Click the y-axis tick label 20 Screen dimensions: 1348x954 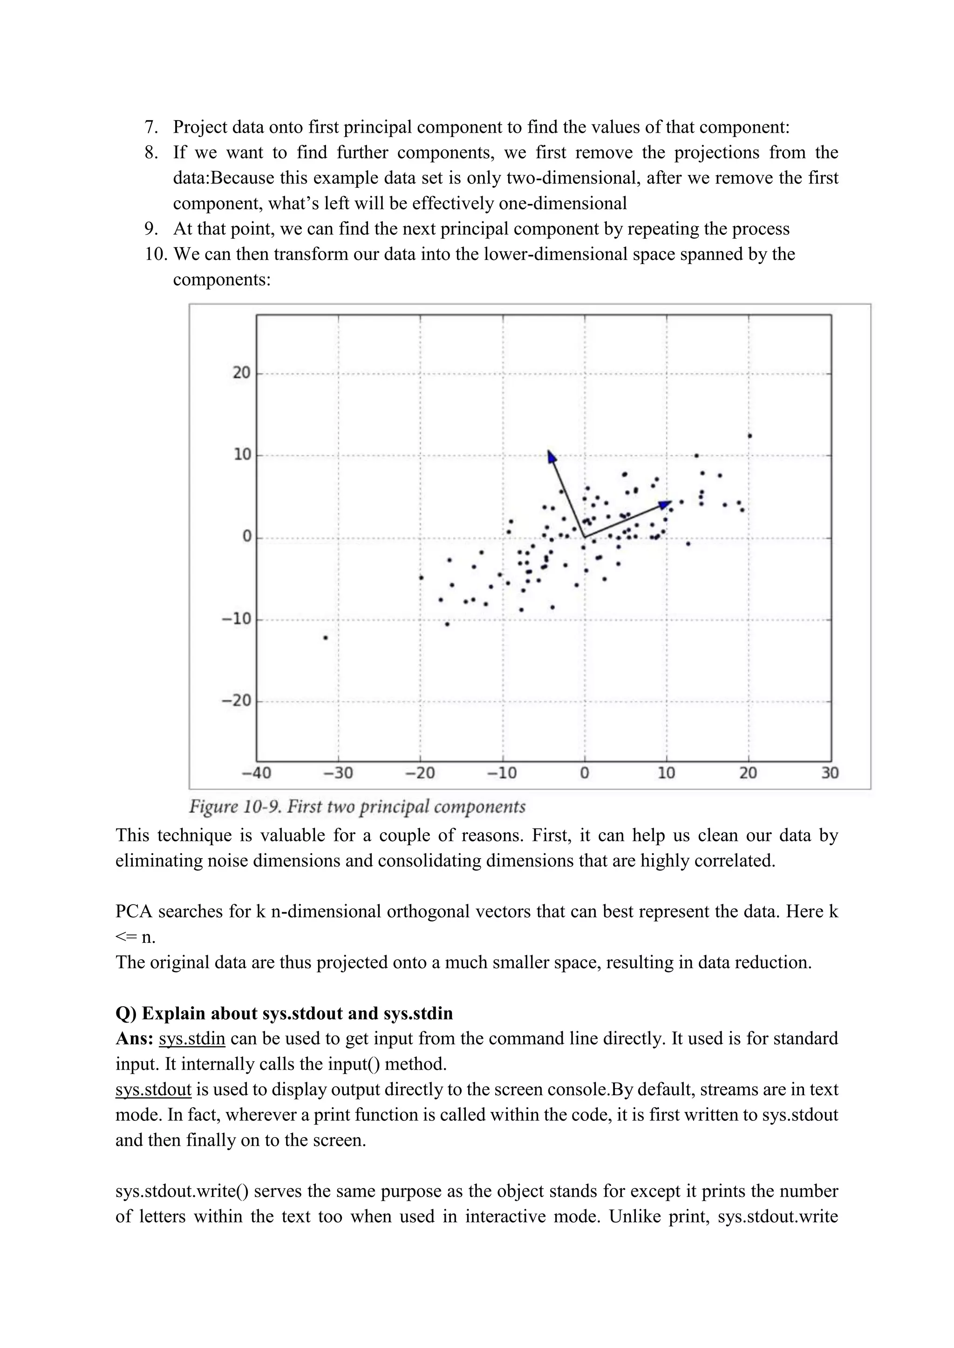coord(241,373)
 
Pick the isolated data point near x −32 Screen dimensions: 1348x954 coord(326,637)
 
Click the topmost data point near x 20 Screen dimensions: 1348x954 coord(750,436)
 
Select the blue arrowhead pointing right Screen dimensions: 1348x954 coord(665,504)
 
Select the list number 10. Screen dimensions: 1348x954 coord(156,254)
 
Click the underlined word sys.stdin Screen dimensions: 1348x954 coord(191,1039)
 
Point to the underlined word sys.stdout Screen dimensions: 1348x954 coord(153,1089)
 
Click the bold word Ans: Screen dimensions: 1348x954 coord(135,1039)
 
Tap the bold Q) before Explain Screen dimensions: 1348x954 coord(126,1013)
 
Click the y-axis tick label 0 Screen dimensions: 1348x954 coord(247,536)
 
